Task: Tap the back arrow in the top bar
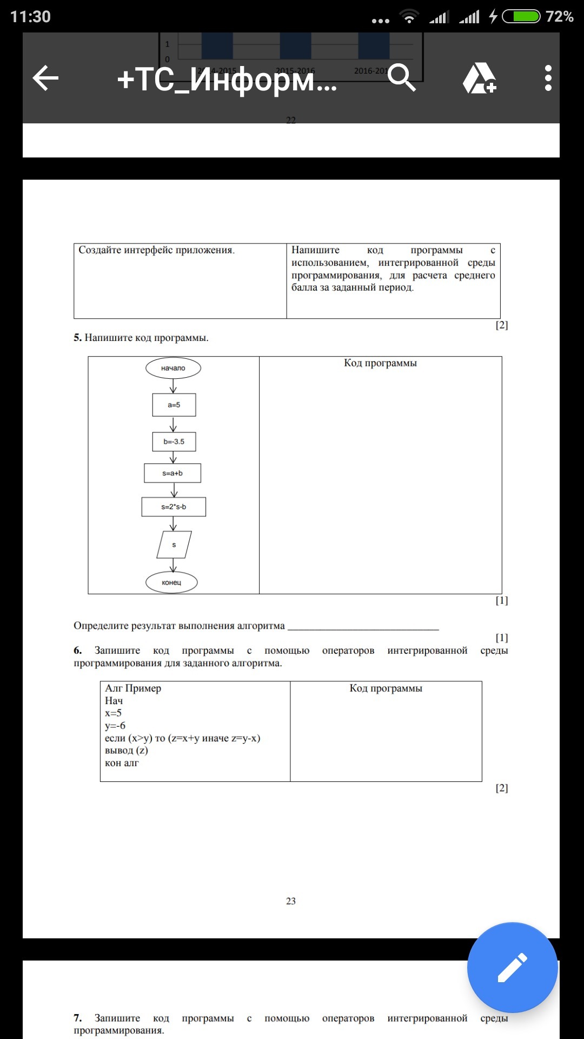(x=45, y=78)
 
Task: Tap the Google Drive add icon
(x=479, y=78)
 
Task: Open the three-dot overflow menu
(x=548, y=78)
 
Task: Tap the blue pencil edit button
(x=512, y=967)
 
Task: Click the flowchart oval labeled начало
(x=173, y=368)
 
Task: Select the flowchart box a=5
(x=174, y=405)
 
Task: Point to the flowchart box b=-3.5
(x=174, y=442)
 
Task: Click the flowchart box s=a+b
(x=172, y=473)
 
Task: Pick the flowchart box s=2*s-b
(x=174, y=507)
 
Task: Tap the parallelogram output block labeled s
(x=174, y=544)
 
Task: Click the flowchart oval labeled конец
(x=171, y=582)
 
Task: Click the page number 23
(x=291, y=901)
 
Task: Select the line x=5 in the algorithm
(x=113, y=713)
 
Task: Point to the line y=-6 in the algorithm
(x=115, y=726)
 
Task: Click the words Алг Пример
(x=133, y=688)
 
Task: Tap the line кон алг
(x=122, y=763)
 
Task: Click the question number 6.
(x=78, y=650)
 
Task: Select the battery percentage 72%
(x=559, y=17)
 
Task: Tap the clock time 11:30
(x=30, y=17)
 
